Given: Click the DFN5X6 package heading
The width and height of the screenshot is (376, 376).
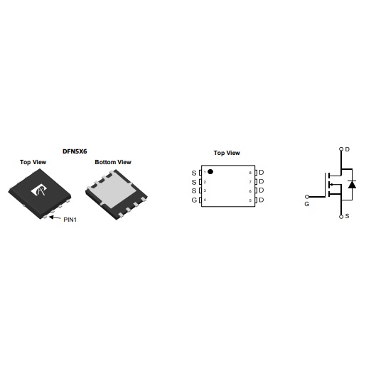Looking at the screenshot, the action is coord(75,151).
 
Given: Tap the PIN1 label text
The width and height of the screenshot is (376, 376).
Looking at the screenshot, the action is coord(70,220).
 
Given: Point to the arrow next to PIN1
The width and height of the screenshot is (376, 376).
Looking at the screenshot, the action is coord(55,217).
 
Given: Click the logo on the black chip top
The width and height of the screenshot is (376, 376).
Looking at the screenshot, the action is coord(39,190).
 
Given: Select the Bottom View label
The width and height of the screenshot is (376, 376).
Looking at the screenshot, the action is coord(113,162).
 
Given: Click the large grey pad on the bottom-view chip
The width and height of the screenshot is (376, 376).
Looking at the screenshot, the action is coord(113,190).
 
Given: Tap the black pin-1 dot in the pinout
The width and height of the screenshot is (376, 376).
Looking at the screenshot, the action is coord(210,172).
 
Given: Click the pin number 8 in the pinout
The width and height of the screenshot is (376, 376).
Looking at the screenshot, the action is coord(250,173).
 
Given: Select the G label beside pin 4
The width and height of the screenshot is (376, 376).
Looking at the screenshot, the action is coord(194,200).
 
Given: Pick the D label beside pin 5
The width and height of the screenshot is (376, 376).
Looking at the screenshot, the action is coord(262,200).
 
